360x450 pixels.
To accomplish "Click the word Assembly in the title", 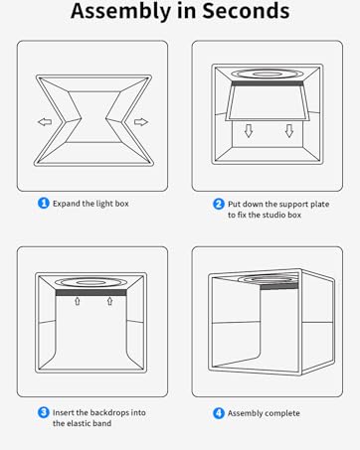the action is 121,12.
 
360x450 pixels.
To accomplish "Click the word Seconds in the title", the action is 246,10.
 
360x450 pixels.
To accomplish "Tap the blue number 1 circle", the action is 44,203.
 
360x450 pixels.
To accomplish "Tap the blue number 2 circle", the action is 219,204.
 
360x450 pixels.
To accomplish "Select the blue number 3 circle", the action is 44,412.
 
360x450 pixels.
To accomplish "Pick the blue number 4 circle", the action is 219,413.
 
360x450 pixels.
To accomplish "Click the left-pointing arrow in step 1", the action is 45,122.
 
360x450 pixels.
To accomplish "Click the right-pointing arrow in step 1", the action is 141,122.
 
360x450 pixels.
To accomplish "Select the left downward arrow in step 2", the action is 249,131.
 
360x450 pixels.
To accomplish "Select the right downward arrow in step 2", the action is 289,131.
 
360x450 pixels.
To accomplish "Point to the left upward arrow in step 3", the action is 78,301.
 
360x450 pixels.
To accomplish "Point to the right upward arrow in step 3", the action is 110,301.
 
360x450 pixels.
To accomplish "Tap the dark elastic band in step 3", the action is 90,293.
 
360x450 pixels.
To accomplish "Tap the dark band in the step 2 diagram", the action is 268,83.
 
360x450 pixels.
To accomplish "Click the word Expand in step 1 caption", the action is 67,204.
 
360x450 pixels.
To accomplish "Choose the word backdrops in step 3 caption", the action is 109,412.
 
